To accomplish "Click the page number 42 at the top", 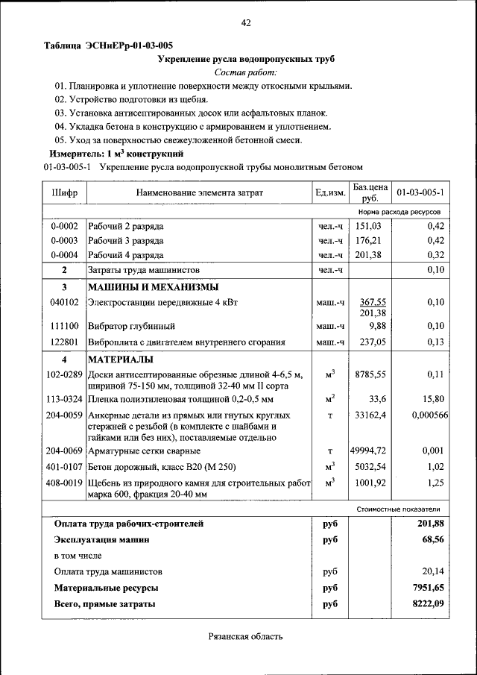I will [245, 23].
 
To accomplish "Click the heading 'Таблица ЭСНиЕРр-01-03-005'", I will [108, 45].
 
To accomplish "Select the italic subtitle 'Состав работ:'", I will [245, 72].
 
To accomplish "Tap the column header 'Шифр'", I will [64, 192].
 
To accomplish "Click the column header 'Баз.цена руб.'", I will [370, 192].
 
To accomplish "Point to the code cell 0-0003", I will [64, 240].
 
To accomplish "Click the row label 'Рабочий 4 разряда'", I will [126, 255].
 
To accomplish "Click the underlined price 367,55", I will [372, 301].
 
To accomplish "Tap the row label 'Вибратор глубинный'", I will [131, 326].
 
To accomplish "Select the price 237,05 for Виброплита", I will [370, 342].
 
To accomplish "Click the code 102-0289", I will [64, 374].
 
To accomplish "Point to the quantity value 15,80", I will [433, 398].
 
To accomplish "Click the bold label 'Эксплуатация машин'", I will [101, 539].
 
